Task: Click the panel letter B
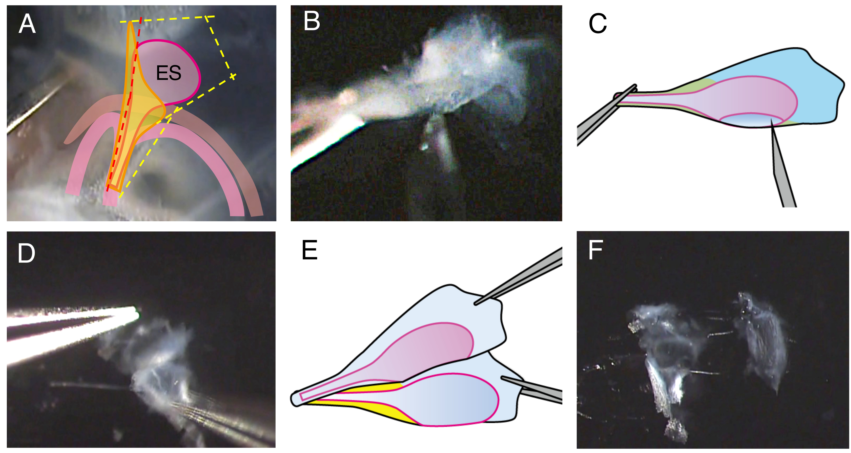[311, 21]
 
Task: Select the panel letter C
[597, 24]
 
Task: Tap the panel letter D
[26, 254]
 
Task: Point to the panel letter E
[309, 250]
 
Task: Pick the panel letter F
[595, 250]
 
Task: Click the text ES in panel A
[168, 73]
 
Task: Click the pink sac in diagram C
[743, 99]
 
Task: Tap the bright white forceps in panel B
[327, 142]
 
